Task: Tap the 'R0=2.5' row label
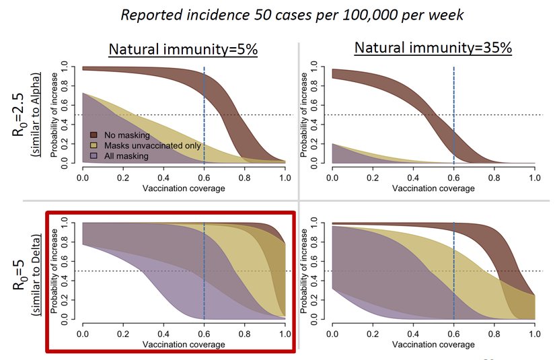click(x=20, y=114)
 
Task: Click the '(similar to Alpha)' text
click(x=39, y=114)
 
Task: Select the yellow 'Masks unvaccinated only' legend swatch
click(x=94, y=145)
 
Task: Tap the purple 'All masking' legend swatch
click(x=94, y=155)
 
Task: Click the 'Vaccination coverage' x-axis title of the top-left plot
click(x=184, y=188)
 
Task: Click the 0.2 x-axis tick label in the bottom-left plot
click(x=123, y=332)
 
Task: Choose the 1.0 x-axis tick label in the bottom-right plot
click(x=534, y=332)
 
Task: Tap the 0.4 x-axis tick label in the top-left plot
click(x=163, y=176)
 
